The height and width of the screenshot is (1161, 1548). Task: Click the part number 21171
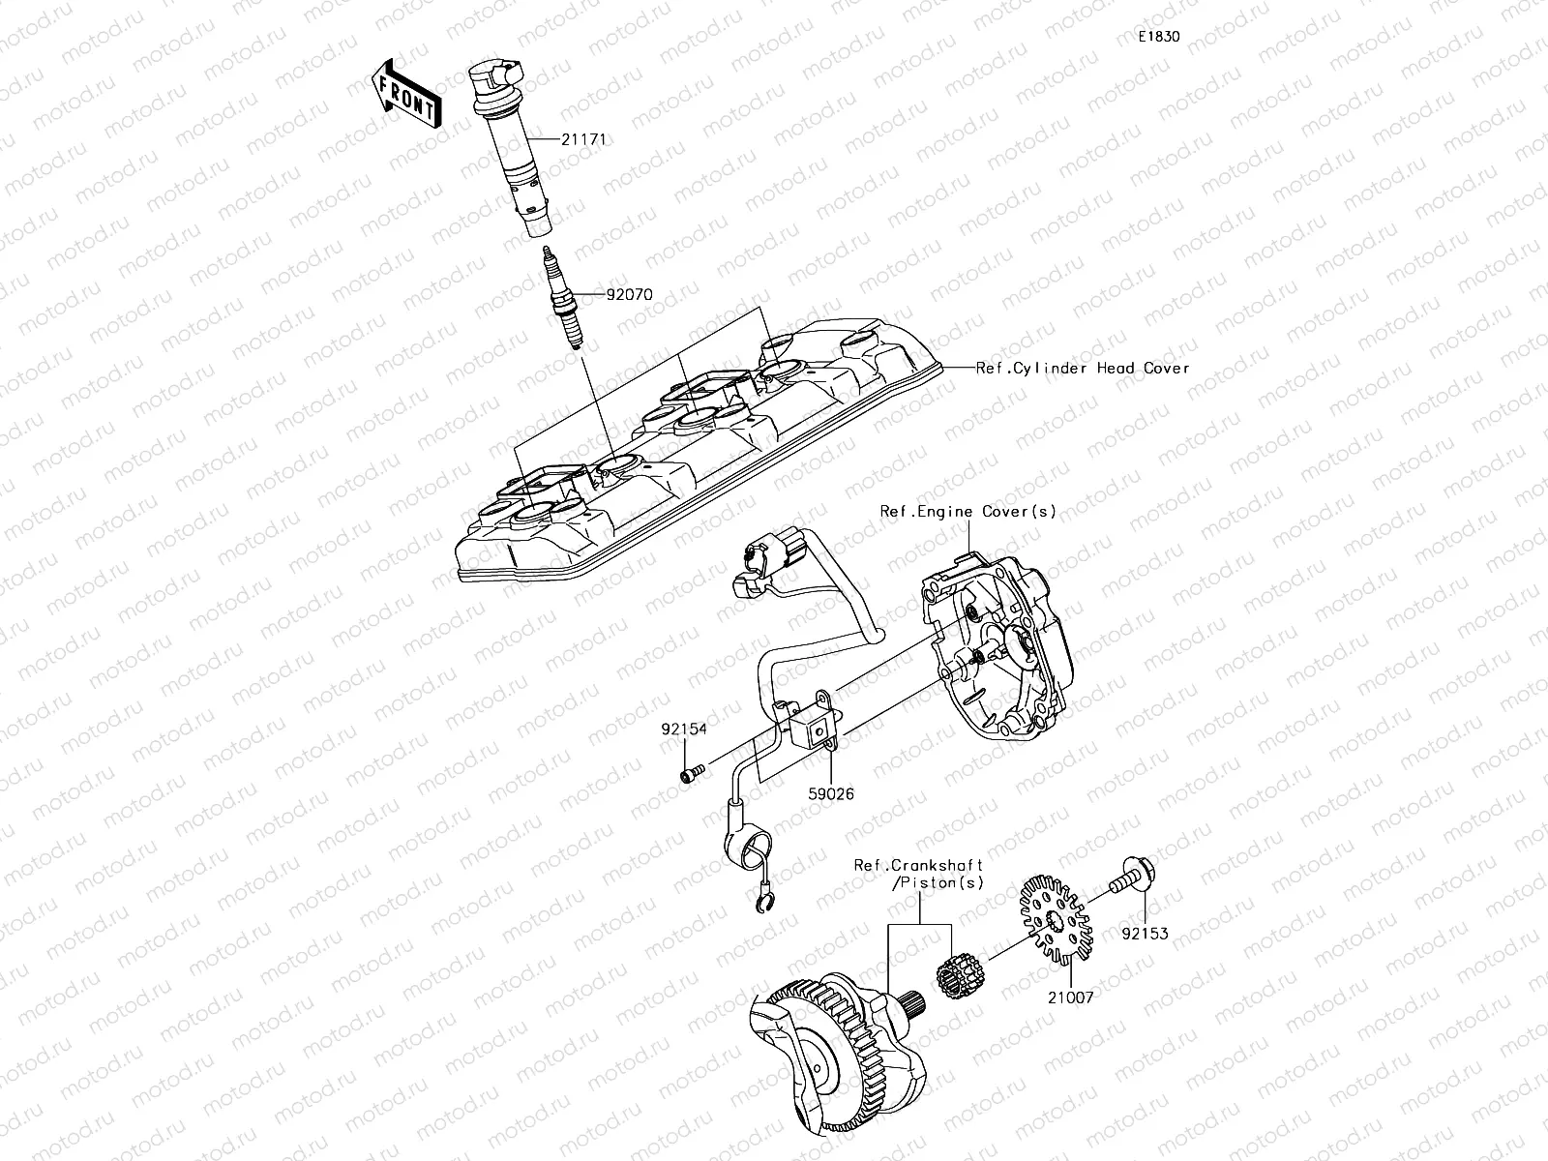coord(584,139)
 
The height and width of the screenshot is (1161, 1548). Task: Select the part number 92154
coord(684,729)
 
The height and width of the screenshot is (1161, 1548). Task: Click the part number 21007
coord(1069,997)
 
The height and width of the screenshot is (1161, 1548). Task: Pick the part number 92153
coord(1146,934)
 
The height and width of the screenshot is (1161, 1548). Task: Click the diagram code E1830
coord(1158,37)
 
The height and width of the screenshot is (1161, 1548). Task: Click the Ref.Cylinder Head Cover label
coord(1082,368)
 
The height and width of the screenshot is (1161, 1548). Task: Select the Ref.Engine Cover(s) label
coord(967,511)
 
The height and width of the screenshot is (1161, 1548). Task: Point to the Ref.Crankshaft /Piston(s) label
coord(919,874)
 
